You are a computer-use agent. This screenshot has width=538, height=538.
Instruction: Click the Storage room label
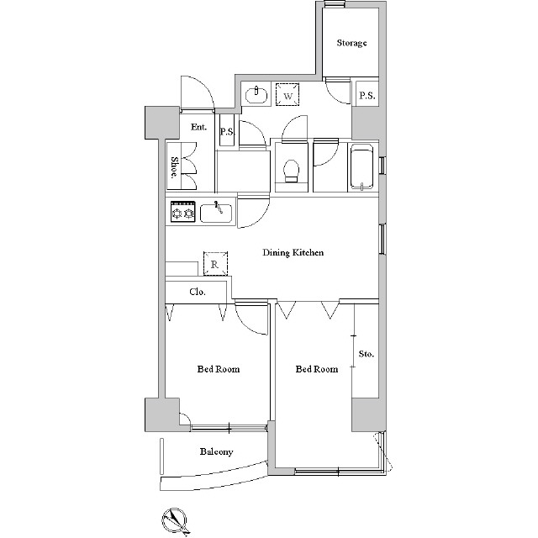tap(351, 43)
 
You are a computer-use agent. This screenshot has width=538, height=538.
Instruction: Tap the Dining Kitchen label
tap(293, 252)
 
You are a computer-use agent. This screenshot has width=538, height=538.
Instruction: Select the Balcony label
tap(217, 451)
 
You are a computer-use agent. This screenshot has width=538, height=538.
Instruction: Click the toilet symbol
tap(292, 171)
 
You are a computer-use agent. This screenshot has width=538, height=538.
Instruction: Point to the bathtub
tap(361, 168)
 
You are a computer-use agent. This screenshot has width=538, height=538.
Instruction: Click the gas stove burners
tap(183, 212)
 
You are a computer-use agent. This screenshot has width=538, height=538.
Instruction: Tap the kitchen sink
tap(216, 213)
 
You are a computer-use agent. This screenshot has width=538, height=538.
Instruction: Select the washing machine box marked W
tap(287, 94)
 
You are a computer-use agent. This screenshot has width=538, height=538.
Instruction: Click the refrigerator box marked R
tap(215, 263)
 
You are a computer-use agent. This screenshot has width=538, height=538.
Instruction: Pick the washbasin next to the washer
tap(256, 94)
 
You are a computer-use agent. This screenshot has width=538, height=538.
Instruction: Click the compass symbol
tap(175, 521)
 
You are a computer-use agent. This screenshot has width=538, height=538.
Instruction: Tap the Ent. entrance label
tap(199, 127)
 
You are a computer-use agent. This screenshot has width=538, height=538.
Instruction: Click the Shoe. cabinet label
tap(174, 167)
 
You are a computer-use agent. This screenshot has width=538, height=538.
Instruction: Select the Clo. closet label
tap(198, 292)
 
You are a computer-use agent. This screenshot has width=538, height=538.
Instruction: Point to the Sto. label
tap(367, 354)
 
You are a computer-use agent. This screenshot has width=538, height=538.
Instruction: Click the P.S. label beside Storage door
tap(367, 95)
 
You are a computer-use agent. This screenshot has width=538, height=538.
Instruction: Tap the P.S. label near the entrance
tap(227, 132)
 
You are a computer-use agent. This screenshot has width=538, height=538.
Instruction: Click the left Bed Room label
tap(219, 369)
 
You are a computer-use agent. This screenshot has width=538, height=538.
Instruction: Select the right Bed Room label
tap(317, 369)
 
